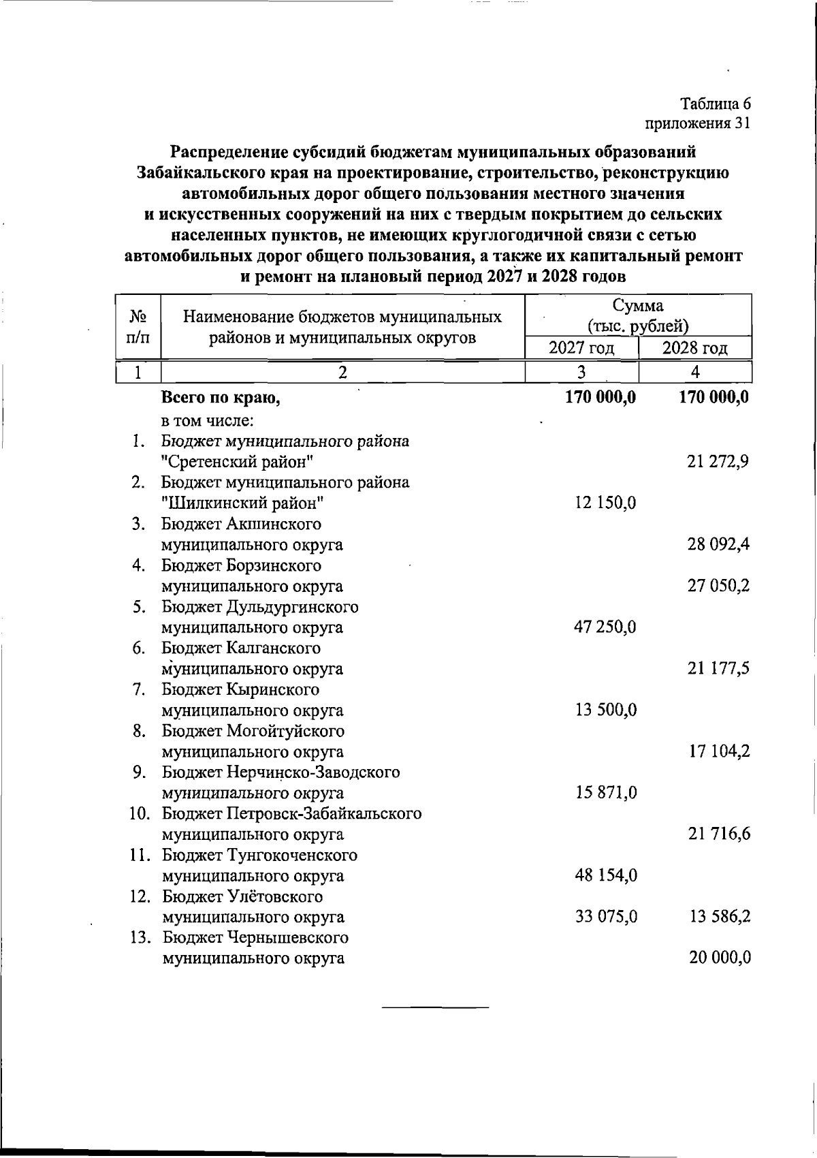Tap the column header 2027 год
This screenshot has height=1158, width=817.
(x=581, y=348)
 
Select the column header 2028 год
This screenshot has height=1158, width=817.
(x=695, y=348)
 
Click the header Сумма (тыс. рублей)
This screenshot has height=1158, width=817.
(x=638, y=315)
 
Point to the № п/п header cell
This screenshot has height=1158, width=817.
(x=138, y=326)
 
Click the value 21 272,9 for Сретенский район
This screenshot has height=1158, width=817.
(x=718, y=462)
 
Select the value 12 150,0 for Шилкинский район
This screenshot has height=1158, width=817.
(x=605, y=503)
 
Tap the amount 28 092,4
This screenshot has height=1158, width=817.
(x=718, y=544)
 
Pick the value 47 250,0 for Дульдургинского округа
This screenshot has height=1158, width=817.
(x=605, y=627)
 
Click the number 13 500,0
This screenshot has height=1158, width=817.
(x=606, y=710)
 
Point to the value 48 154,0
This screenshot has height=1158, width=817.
(x=606, y=875)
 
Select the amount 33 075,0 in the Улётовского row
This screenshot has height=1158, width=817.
(x=606, y=917)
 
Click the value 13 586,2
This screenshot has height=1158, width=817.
(x=720, y=917)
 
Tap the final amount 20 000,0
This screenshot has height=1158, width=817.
(x=720, y=958)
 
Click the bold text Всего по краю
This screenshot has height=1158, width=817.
(x=221, y=398)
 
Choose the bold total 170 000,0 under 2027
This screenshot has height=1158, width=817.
(x=600, y=397)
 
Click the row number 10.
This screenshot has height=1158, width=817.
(x=140, y=813)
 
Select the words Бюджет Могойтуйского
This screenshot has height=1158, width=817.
(x=253, y=731)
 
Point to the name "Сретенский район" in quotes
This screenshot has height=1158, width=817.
(x=238, y=462)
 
